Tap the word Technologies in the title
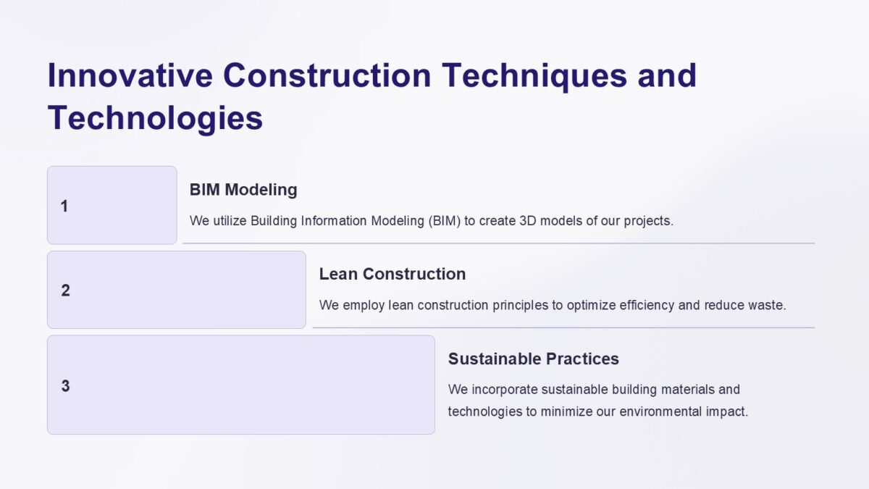(155, 118)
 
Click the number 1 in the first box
(64, 206)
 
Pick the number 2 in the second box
(65, 291)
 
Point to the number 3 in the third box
(65, 386)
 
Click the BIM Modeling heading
(243, 190)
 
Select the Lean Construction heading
(392, 274)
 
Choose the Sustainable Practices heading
(533, 359)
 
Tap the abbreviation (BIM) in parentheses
(443, 221)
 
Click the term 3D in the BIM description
(528, 221)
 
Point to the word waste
(767, 305)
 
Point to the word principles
(520, 305)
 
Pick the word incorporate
(503, 390)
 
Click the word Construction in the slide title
(328, 76)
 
